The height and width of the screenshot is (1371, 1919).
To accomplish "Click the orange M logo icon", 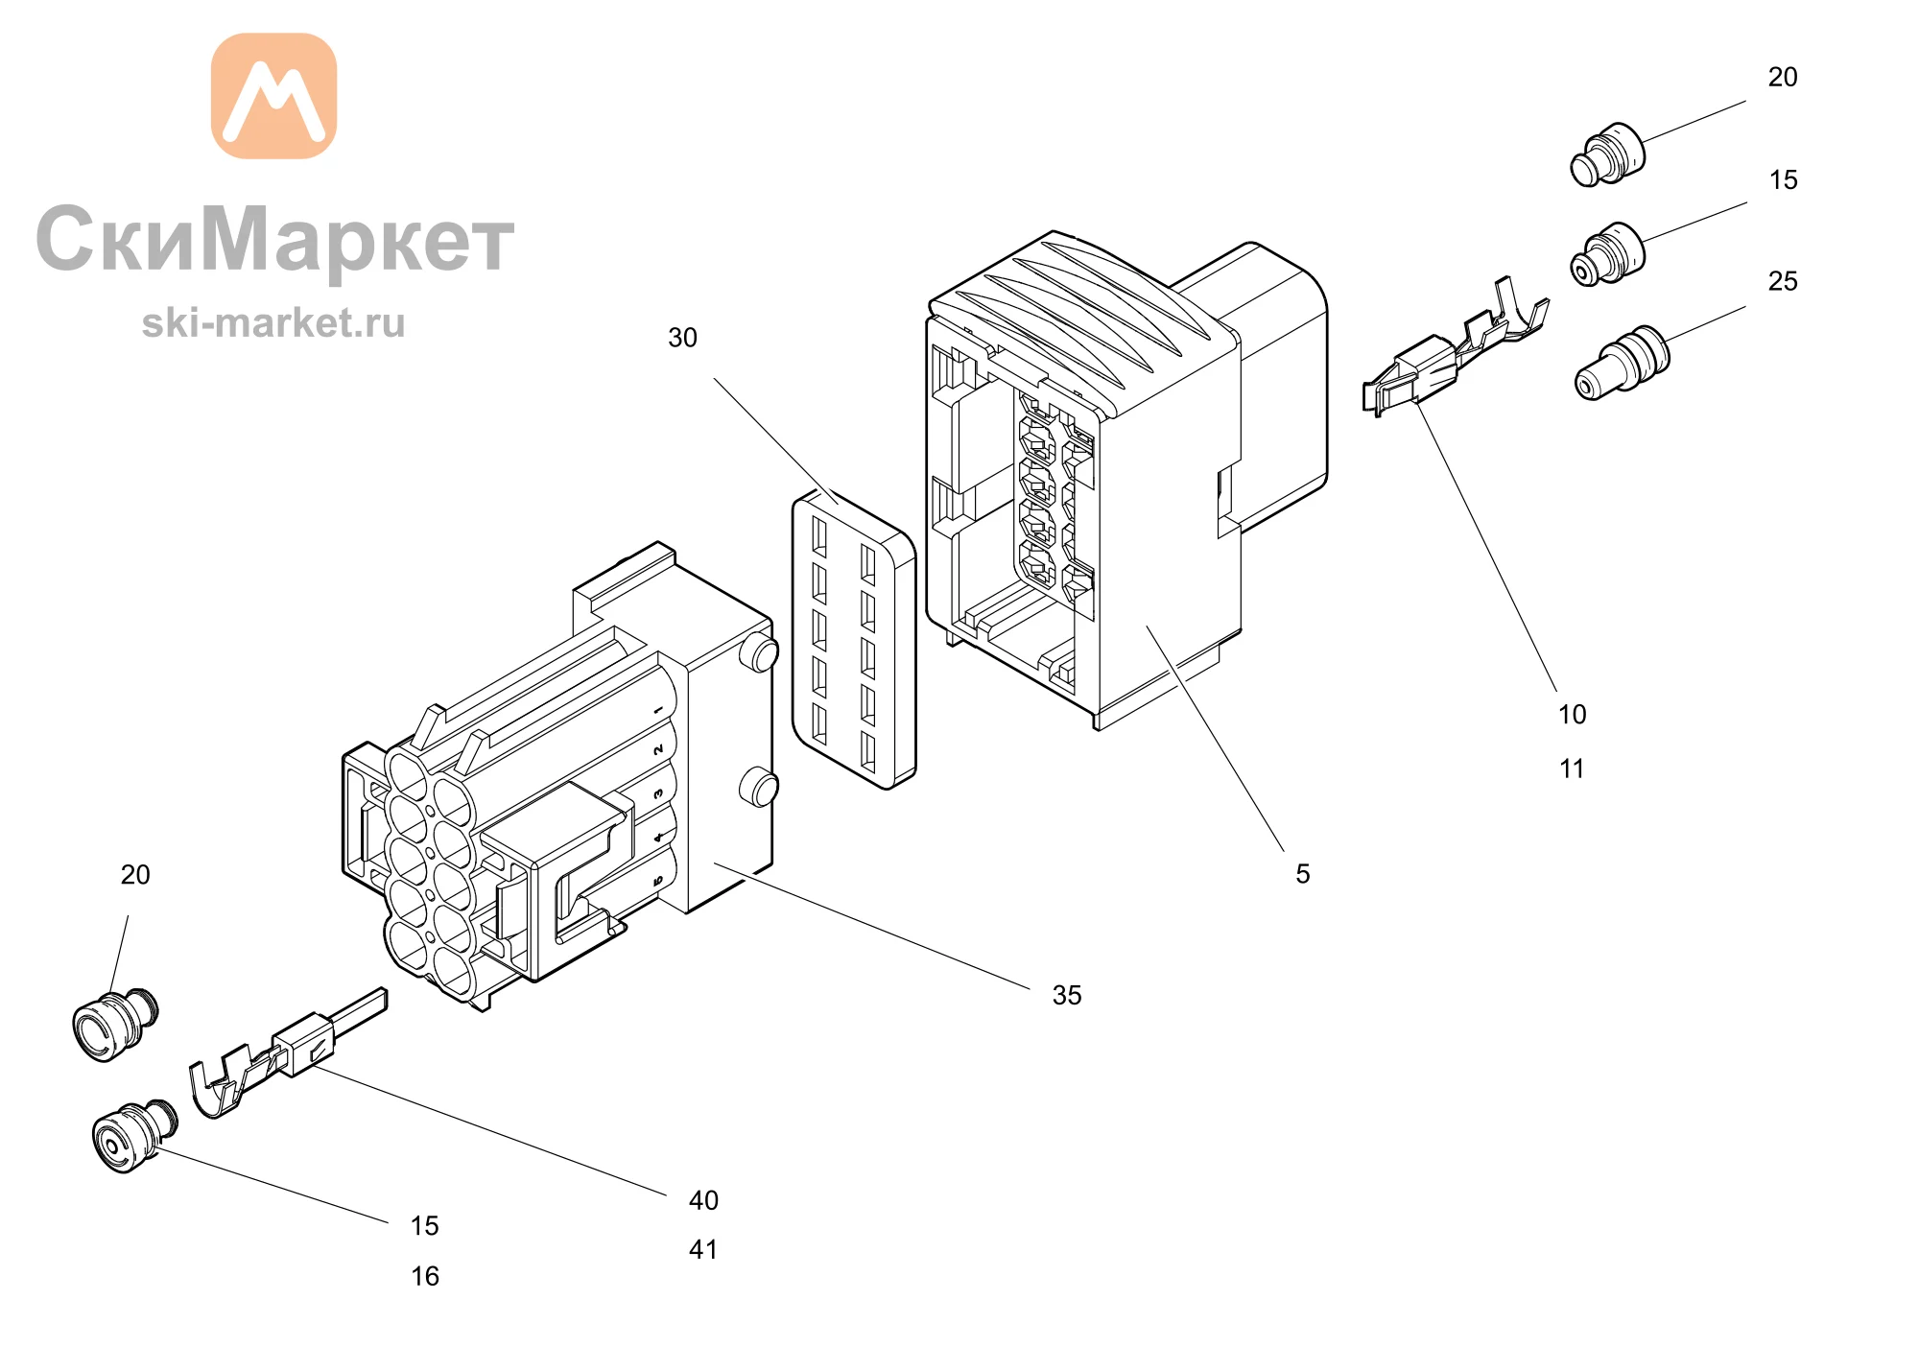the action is (x=273, y=96).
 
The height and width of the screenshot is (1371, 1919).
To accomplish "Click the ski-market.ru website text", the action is (x=273, y=322).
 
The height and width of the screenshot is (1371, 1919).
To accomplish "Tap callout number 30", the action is (x=682, y=338).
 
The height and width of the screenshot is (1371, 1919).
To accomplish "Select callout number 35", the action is (x=1067, y=995).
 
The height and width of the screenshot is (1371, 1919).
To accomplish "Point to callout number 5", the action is (x=1303, y=873).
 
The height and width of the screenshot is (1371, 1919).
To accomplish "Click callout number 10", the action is (x=1573, y=714).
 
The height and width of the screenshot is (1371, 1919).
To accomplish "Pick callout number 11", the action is (x=1572, y=768).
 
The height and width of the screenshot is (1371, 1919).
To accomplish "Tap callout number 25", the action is (x=1783, y=281).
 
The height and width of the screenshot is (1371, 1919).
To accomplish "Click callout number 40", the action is (x=703, y=1200).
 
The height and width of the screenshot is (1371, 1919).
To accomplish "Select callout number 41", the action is (x=703, y=1249).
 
